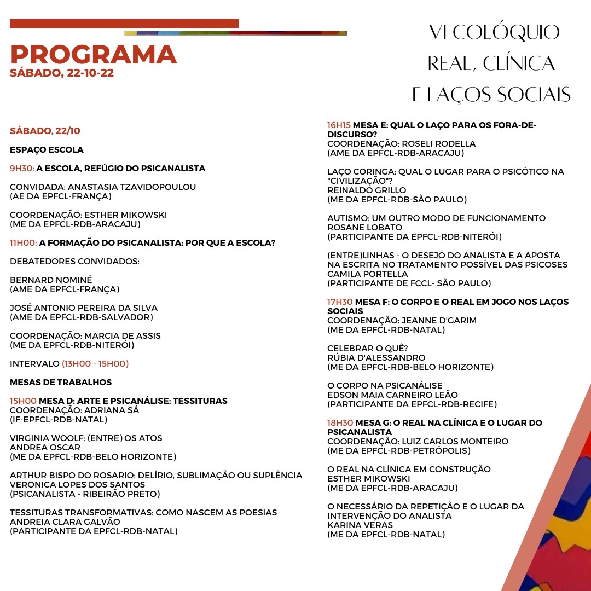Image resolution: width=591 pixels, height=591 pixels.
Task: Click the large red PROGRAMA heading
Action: pos(93,54)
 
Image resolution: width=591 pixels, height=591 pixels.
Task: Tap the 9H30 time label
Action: pos(22,169)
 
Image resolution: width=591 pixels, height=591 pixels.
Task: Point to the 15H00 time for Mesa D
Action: pos(23,401)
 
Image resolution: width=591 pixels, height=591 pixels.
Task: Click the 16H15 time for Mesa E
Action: pos(339,125)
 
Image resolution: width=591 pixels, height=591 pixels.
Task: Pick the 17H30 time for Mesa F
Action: pos(340,302)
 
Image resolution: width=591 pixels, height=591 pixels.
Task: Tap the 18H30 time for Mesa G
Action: pos(340,423)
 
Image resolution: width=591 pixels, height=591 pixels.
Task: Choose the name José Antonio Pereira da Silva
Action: pos(84,308)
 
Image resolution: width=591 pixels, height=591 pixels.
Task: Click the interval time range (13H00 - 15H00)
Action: pos(95,363)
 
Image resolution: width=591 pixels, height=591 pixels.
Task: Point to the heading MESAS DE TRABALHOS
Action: pos(61,382)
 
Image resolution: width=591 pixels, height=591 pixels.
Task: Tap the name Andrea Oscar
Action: pos(45,447)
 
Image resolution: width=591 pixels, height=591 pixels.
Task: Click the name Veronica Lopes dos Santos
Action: pos(77,484)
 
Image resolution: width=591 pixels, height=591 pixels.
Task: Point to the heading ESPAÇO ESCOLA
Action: pos(47,150)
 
